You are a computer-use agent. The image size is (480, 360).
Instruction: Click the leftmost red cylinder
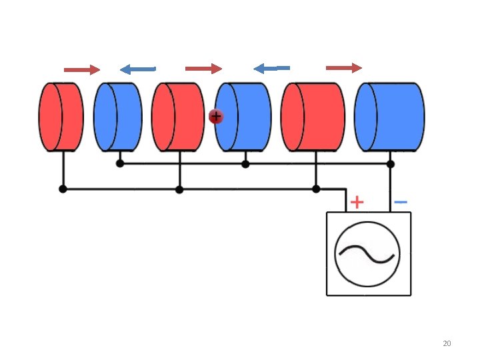click(x=61, y=117)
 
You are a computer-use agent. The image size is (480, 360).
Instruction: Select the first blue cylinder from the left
click(x=117, y=117)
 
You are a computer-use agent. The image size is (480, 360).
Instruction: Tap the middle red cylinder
click(x=177, y=117)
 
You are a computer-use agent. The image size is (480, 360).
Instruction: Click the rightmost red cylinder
click(x=313, y=117)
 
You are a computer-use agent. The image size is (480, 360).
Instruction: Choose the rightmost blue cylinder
click(x=389, y=117)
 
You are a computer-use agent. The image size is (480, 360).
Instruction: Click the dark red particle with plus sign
click(x=215, y=117)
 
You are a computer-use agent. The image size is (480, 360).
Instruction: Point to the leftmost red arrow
click(x=81, y=69)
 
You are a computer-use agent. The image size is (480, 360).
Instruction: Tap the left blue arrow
click(x=137, y=69)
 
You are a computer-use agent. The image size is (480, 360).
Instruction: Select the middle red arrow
click(x=203, y=69)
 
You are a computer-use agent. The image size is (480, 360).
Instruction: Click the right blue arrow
click(x=271, y=68)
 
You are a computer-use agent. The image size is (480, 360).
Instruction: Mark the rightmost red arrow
click(x=343, y=68)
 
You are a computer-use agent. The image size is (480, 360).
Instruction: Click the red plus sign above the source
click(x=357, y=201)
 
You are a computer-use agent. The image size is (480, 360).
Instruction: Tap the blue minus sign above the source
click(x=401, y=201)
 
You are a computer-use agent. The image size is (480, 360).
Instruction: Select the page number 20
click(x=447, y=343)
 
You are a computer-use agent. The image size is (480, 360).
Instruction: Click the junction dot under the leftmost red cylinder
click(x=63, y=189)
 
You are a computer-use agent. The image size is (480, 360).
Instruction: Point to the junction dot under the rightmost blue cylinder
click(x=391, y=164)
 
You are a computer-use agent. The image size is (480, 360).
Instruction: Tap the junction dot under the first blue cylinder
click(x=120, y=163)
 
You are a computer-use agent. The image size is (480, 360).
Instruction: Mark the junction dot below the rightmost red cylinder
click(x=316, y=189)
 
